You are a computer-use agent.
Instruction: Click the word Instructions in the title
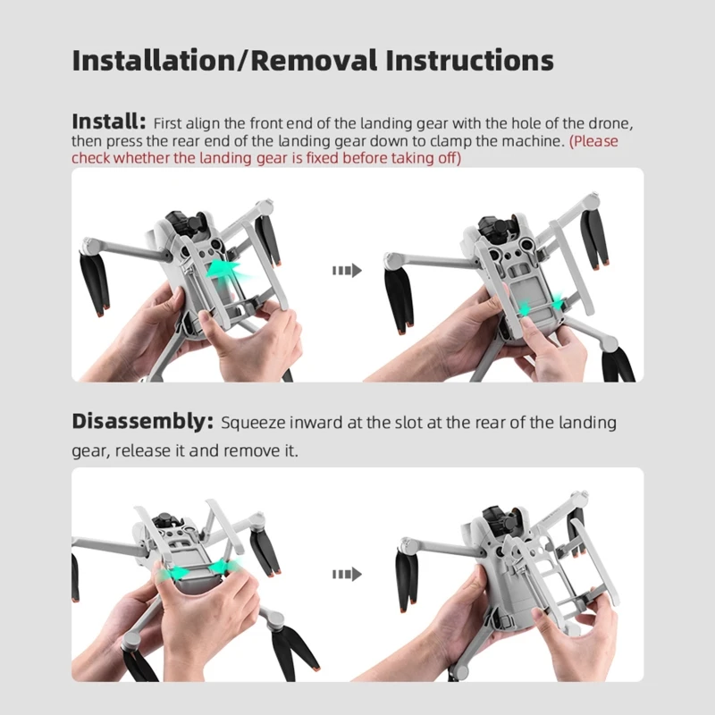470,61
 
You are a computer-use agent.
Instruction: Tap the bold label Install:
109,122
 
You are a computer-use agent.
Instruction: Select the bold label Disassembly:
142,422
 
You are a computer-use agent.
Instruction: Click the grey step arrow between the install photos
347,271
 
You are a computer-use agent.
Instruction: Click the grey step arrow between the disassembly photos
347,574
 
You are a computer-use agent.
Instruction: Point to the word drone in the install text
610,123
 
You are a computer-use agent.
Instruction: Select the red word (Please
593,141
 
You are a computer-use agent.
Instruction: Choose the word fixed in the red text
322,158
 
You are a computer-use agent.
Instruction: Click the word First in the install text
167,123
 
